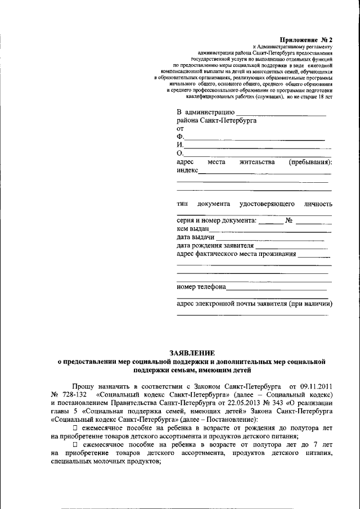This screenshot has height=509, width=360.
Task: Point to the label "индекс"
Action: tap(187, 171)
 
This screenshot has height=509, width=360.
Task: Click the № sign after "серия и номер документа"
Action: tap(290, 220)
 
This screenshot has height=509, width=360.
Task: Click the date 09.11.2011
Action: tap(315, 388)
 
